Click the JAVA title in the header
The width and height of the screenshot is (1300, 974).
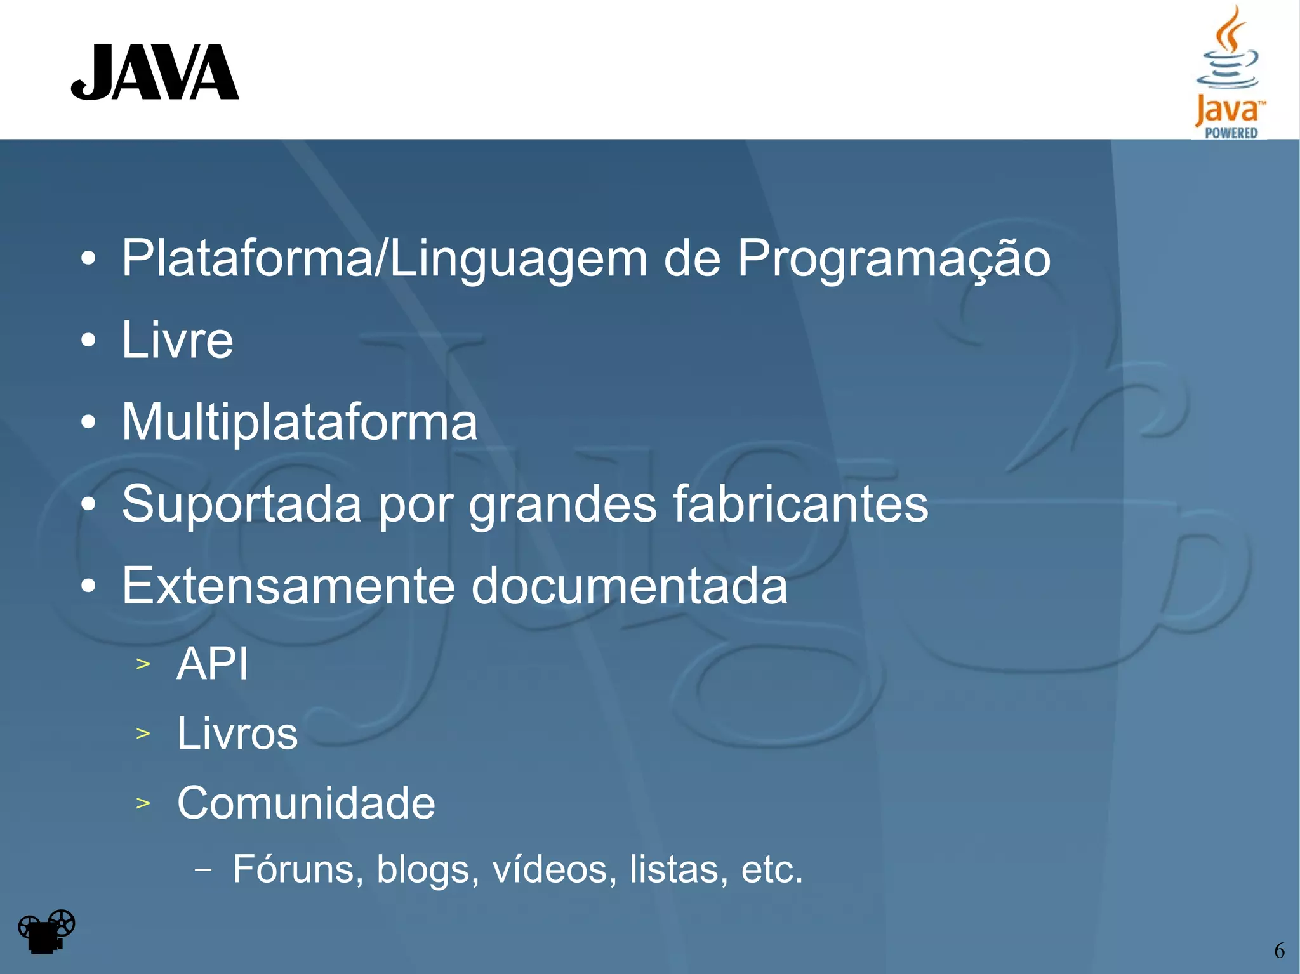pyautogui.click(x=155, y=72)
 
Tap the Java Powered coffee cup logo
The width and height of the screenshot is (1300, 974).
pyautogui.click(x=1230, y=71)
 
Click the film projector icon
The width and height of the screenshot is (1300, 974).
pyautogui.click(x=46, y=931)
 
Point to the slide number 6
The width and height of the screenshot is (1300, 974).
pyautogui.click(x=1279, y=951)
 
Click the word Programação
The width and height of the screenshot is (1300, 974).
pyautogui.click(x=893, y=259)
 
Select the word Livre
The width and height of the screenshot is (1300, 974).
pyautogui.click(x=178, y=340)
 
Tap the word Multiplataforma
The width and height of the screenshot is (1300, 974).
pyautogui.click(x=300, y=422)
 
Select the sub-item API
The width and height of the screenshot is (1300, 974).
pyautogui.click(x=213, y=664)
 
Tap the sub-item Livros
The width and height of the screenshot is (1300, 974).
pyautogui.click(x=237, y=734)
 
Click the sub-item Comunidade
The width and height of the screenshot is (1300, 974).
pyautogui.click(x=306, y=803)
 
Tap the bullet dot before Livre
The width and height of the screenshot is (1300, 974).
pyautogui.click(x=88, y=340)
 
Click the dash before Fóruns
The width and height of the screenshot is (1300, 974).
pyautogui.click(x=203, y=869)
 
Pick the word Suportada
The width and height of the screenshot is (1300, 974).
pyautogui.click(x=241, y=504)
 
